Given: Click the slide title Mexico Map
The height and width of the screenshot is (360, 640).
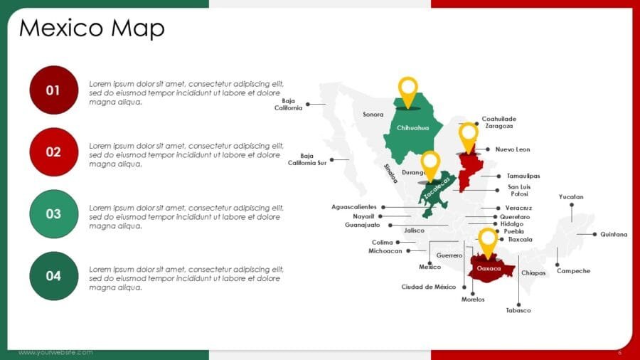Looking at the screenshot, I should point(92,28).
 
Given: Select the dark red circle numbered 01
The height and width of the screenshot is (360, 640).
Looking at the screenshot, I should point(53,90).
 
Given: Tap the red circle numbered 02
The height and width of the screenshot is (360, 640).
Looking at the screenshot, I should point(53,152).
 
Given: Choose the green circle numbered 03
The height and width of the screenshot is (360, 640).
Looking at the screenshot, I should point(53,213).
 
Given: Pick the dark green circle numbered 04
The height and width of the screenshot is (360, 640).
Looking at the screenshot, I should point(53,275).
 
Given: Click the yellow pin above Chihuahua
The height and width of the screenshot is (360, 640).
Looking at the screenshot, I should point(407,90).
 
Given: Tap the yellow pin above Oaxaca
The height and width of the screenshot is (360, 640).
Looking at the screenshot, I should point(488,240).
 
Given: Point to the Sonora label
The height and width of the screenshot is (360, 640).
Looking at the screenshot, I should point(373,114).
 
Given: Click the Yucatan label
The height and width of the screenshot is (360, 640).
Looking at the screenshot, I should point(571,196).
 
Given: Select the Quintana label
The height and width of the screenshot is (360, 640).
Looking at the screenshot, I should point(614,234).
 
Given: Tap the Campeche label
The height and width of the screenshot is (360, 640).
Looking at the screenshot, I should point(573,270).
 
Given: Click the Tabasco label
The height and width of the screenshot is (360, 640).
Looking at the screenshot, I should point(518,310).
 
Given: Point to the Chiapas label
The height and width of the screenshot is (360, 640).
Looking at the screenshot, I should point(533,272).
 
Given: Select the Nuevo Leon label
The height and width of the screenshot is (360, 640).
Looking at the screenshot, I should point(513,149).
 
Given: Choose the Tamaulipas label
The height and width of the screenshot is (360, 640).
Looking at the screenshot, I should point(523,176).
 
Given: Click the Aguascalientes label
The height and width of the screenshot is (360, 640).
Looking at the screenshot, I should point(354,206).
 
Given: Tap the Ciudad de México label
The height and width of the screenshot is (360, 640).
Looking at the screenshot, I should point(429,287).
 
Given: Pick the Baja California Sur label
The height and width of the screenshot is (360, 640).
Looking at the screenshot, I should point(307,159).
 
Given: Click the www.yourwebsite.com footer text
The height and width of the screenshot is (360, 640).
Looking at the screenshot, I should point(55,352).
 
